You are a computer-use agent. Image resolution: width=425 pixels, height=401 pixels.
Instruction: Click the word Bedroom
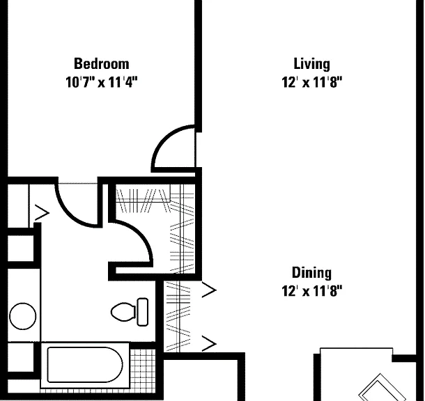click(x=102, y=64)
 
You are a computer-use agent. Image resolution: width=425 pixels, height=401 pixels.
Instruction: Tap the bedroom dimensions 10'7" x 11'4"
click(x=102, y=81)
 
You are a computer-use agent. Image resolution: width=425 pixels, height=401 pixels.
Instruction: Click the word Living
click(x=312, y=65)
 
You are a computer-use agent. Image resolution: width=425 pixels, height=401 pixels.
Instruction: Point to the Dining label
click(x=311, y=273)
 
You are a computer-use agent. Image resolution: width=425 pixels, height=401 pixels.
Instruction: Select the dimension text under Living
click(x=312, y=81)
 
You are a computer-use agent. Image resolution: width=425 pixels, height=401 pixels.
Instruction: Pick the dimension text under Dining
click(x=312, y=291)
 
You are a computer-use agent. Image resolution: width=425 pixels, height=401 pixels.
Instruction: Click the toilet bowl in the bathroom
click(x=123, y=312)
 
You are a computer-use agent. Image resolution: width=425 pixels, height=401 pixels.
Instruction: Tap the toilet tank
click(x=143, y=312)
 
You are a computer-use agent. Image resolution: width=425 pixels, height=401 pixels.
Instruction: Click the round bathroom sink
click(x=23, y=316)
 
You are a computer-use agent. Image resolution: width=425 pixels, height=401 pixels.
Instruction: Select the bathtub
click(x=85, y=365)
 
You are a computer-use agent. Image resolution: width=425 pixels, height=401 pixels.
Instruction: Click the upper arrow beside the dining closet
click(x=209, y=290)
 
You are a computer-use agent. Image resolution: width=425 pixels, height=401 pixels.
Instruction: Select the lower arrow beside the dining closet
click(x=209, y=343)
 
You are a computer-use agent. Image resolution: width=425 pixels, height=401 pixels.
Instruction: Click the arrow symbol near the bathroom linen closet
click(x=42, y=213)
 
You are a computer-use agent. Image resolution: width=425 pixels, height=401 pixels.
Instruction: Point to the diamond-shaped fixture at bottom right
click(x=380, y=388)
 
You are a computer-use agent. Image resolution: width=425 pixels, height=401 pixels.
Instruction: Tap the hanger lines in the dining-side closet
click(x=178, y=316)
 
